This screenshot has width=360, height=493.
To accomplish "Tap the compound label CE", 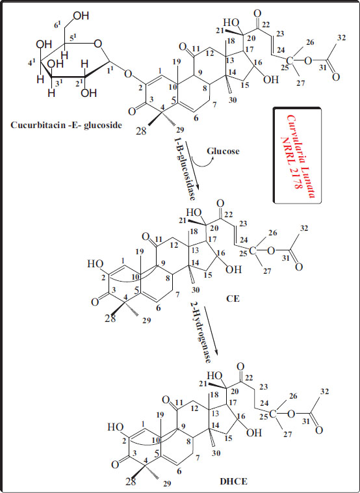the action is coord(233,299).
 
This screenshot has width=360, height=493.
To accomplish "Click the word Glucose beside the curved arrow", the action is coord(223,152).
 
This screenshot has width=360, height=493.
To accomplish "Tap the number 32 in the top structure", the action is coord(341,38).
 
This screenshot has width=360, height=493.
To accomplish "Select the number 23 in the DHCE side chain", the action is coord(264,388).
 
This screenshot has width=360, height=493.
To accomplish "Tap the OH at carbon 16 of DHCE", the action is coord(254,433).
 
